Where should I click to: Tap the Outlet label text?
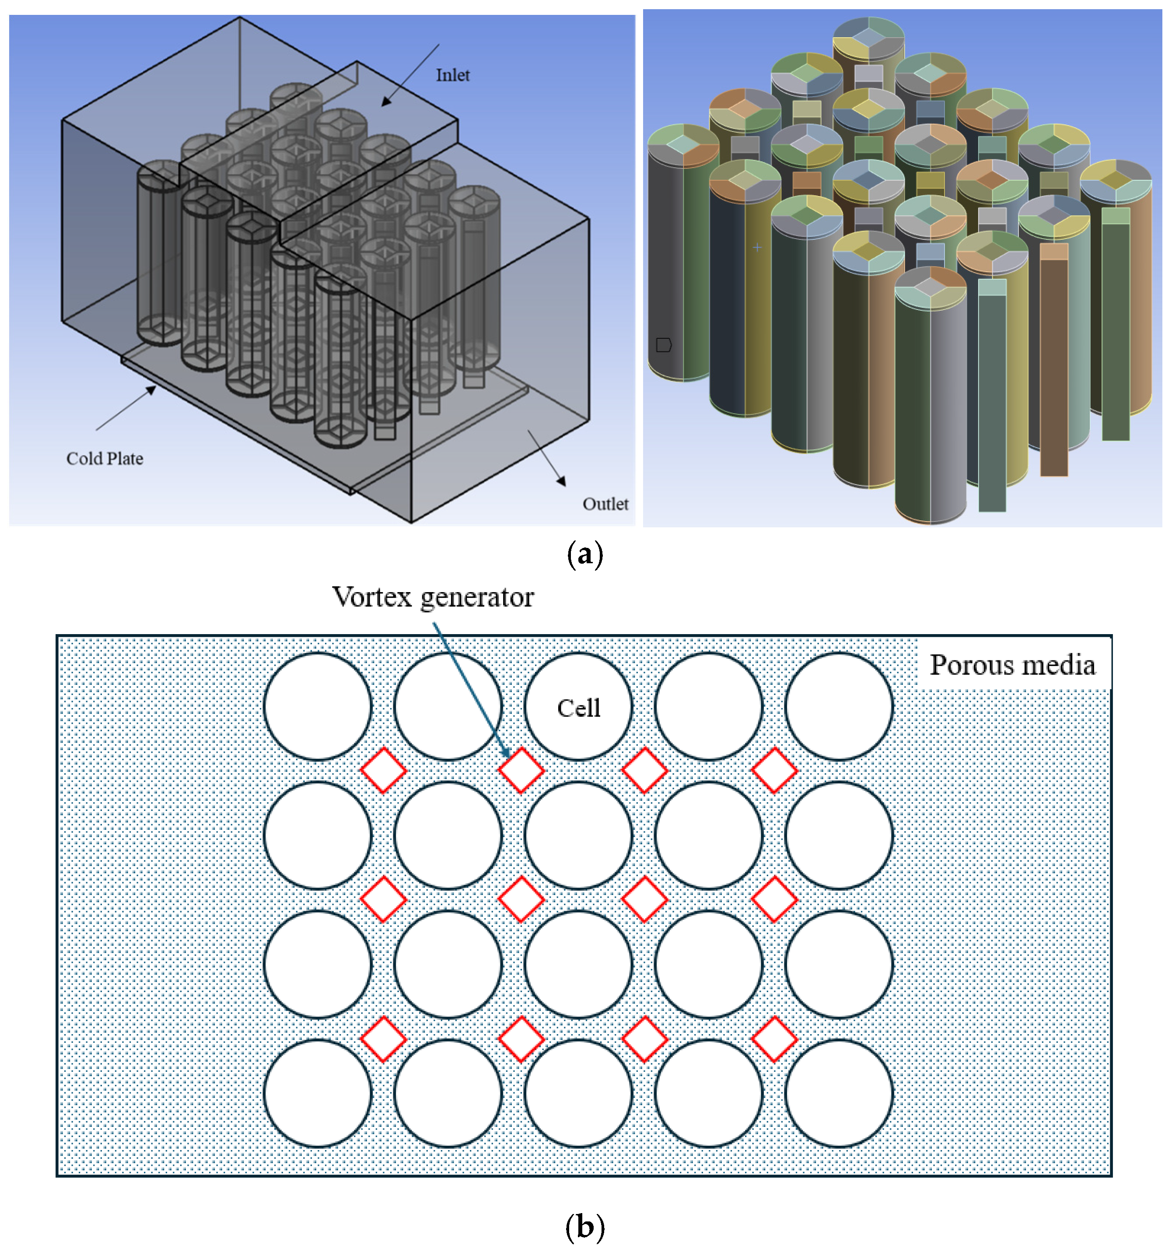coord(605,504)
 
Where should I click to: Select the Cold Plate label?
coord(105,459)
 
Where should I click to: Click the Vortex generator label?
coord(433,597)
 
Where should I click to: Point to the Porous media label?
coord(1012,665)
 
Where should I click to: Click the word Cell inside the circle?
coord(578,708)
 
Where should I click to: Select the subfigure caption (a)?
coord(585,554)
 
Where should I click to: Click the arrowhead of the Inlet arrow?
coord(385,102)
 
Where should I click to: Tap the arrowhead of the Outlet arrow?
coord(561,482)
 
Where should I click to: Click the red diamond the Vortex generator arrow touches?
coord(521,770)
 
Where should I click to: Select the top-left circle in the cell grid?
coord(318,706)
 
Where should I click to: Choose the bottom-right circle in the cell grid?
coord(839,1094)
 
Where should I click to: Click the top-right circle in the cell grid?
coord(839,706)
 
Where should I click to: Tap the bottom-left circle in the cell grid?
coord(318,1094)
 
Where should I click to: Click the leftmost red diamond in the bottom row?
coord(383,1038)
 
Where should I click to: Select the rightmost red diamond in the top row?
coord(775,770)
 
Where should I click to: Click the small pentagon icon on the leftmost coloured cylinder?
coord(663,345)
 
